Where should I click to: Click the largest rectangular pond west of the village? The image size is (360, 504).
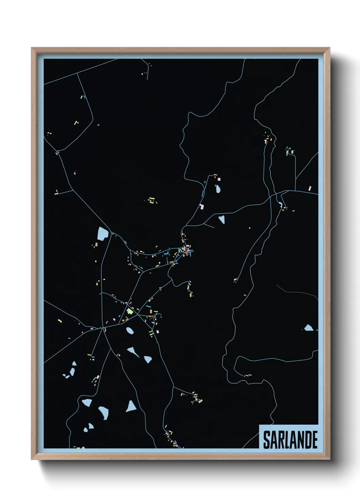(x=102, y=233)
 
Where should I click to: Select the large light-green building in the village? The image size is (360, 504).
(x=130, y=311)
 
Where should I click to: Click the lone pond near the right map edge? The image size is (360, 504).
(x=308, y=328)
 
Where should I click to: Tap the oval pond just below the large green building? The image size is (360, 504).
(x=130, y=330)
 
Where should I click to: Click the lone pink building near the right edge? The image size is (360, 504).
(x=310, y=188)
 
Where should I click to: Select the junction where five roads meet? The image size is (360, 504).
(x=102, y=328)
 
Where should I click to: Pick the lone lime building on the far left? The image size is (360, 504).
(x=60, y=320)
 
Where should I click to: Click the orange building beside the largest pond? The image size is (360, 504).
(x=97, y=244)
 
